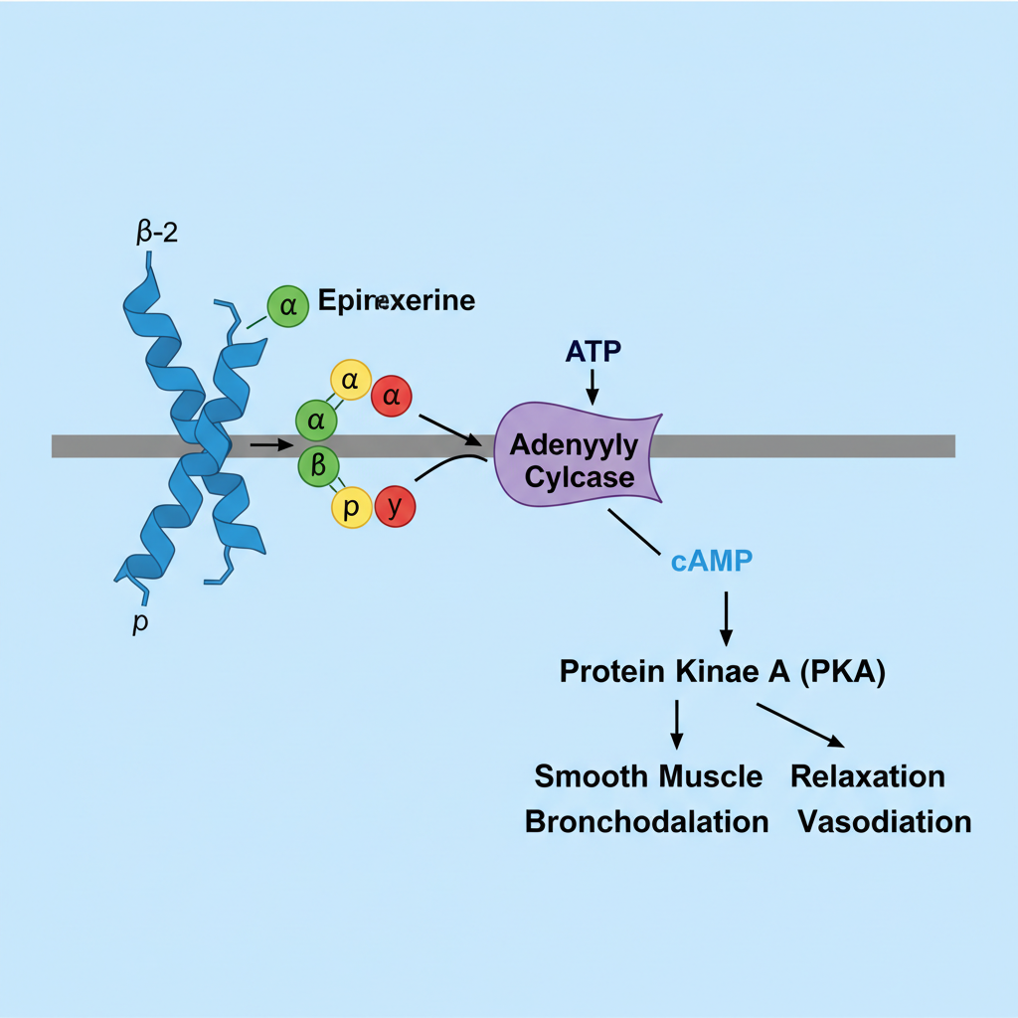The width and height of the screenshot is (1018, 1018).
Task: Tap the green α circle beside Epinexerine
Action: pyautogui.click(x=288, y=305)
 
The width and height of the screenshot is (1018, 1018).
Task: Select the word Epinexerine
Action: pyautogui.click(x=396, y=300)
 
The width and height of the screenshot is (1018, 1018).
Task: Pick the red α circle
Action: pyautogui.click(x=392, y=397)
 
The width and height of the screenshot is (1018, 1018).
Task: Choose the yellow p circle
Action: pyautogui.click(x=351, y=508)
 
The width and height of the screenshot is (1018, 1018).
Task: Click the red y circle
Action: pyautogui.click(x=395, y=508)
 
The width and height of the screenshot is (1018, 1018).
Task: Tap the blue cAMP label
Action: pyautogui.click(x=711, y=561)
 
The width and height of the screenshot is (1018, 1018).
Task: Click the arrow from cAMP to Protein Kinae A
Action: pyautogui.click(x=726, y=616)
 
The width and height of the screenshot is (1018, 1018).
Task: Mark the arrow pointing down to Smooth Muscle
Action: pyautogui.click(x=677, y=724)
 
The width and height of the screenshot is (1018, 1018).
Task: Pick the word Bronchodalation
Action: pyautogui.click(x=646, y=822)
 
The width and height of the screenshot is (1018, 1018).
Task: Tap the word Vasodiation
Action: pyautogui.click(x=884, y=822)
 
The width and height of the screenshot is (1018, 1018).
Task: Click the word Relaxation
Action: pyautogui.click(x=868, y=775)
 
